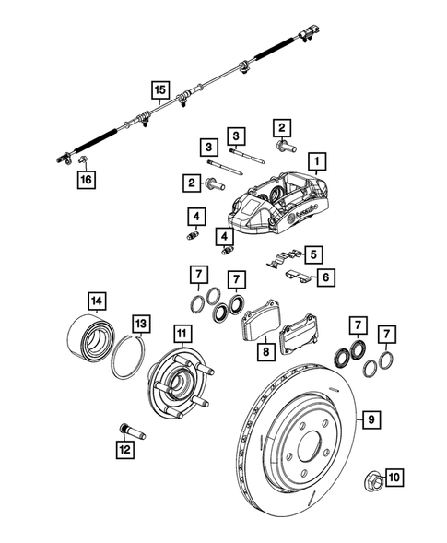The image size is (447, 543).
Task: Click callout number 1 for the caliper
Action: coord(316,166)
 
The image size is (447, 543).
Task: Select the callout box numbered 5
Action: coord(314,254)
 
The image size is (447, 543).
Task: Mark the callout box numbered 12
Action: coord(124,450)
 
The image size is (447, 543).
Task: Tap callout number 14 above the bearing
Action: coord(96,300)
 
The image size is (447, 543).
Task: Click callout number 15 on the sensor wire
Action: coord(160,90)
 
